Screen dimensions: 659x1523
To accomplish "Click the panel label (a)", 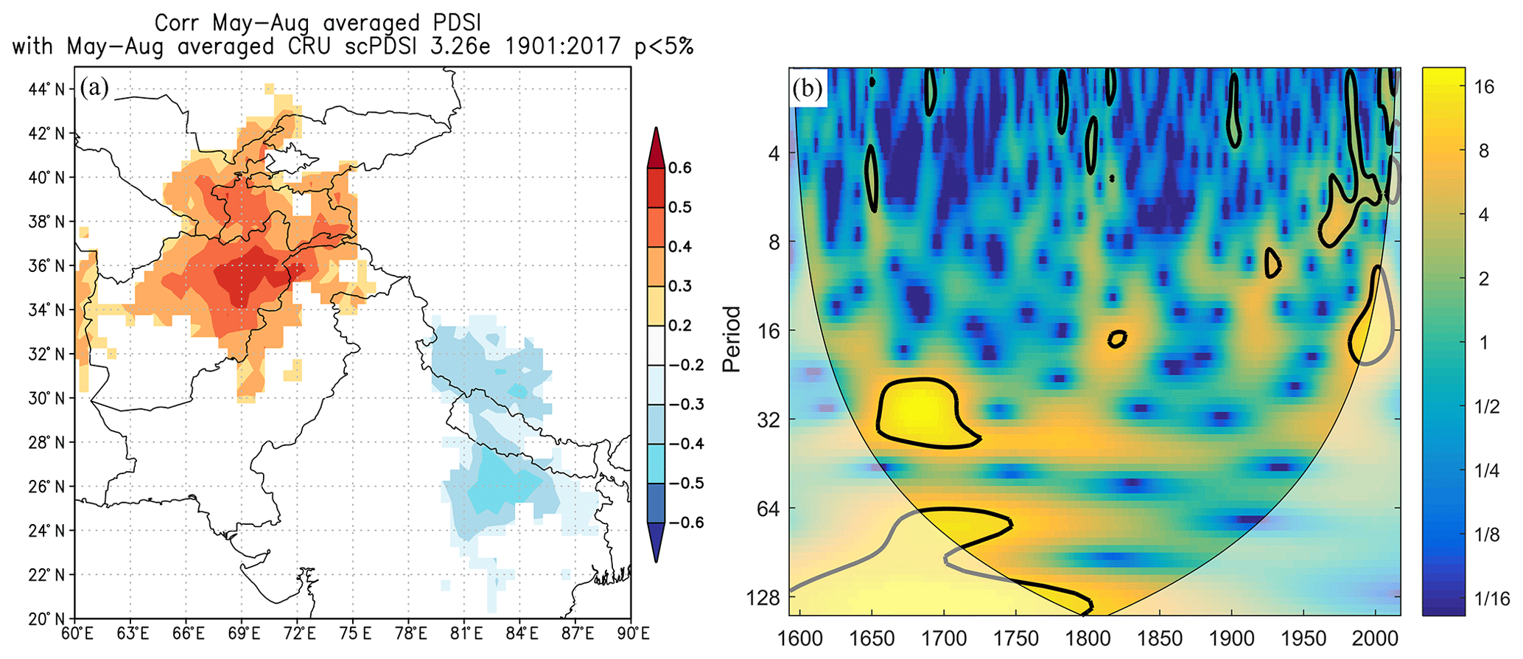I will pos(95,88).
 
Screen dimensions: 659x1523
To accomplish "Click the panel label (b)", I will pos(808,88).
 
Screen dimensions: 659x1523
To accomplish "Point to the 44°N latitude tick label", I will pos(46,89).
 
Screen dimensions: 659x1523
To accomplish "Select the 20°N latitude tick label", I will pos(46,618).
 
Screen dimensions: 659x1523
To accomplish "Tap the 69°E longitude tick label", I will pos(244,635).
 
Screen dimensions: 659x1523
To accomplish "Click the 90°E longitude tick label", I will pos(633,635).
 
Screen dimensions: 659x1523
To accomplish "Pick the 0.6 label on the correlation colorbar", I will pos(680,167).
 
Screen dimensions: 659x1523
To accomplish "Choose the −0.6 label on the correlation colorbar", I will pos(686,523).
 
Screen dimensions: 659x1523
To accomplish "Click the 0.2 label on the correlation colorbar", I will pos(680,325).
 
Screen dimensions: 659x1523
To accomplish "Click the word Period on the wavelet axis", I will pos(732,338).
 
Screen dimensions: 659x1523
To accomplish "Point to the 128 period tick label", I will pos(763,598).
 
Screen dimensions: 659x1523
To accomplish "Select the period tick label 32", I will pos(768,419).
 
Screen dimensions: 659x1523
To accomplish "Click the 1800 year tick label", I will pos(1088,638).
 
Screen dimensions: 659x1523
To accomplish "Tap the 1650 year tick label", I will pos(872,638).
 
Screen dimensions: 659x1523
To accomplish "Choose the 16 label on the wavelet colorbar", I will pos(1484,87).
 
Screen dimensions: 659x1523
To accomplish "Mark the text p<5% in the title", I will pos(664,46).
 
